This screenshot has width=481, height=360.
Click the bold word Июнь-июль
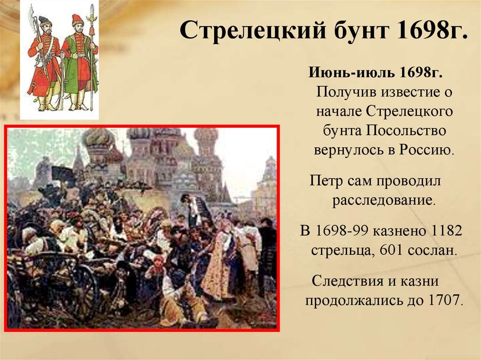pyautogui.click(x=351, y=72)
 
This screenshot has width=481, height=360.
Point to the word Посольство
pyautogui.click(x=406, y=130)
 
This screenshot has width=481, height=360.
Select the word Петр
pyautogui.click(x=326, y=180)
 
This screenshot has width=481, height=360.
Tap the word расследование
pyautogui.click(x=384, y=200)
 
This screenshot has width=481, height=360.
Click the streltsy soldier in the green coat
pyautogui.click(x=79, y=62)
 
